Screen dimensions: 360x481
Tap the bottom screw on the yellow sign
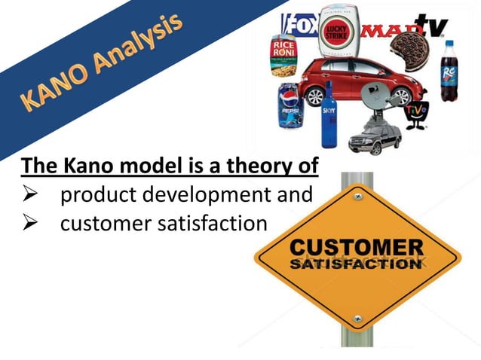[x=357, y=319]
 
